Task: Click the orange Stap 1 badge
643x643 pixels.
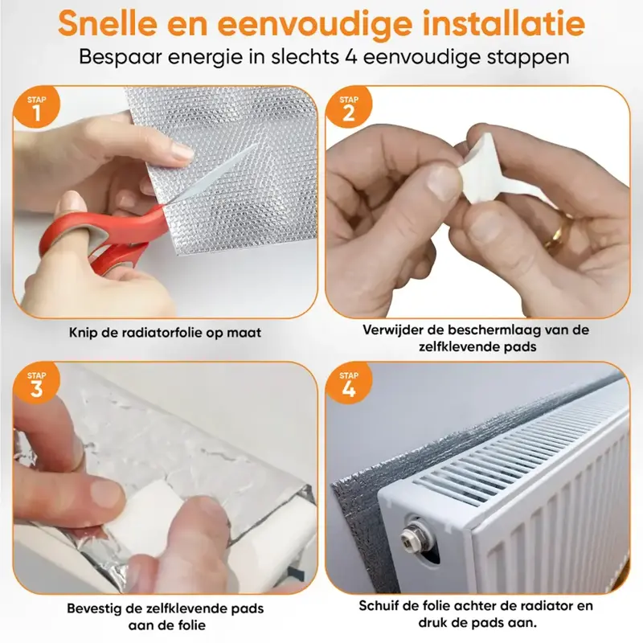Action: click(36, 108)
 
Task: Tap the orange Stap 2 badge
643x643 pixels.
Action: click(349, 108)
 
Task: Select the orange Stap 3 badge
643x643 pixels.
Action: click(36, 383)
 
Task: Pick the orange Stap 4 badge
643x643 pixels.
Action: click(349, 383)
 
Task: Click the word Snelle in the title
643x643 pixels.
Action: click(108, 24)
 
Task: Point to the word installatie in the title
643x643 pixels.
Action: click(504, 24)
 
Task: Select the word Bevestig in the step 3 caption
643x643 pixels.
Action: click(94, 608)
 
